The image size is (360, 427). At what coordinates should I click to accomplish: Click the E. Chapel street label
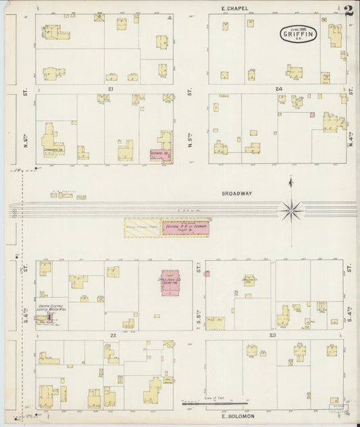pyautogui.click(x=235, y=8)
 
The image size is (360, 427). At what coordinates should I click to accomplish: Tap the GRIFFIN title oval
pyautogui.click(x=298, y=33)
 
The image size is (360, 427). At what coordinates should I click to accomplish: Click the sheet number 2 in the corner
pyautogui.click(x=347, y=10)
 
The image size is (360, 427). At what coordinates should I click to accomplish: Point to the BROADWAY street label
pyautogui.click(x=236, y=193)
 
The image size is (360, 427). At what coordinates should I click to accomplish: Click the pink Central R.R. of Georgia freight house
pyautogui.click(x=185, y=228)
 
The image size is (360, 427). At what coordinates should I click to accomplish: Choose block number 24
pyautogui.click(x=278, y=89)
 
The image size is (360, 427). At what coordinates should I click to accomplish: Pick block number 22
pyautogui.click(x=113, y=335)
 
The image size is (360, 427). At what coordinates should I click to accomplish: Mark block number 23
pyautogui.click(x=273, y=335)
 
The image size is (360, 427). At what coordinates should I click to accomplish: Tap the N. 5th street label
pyautogui.click(x=191, y=138)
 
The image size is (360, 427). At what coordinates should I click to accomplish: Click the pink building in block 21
pyautogui.click(x=160, y=155)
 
